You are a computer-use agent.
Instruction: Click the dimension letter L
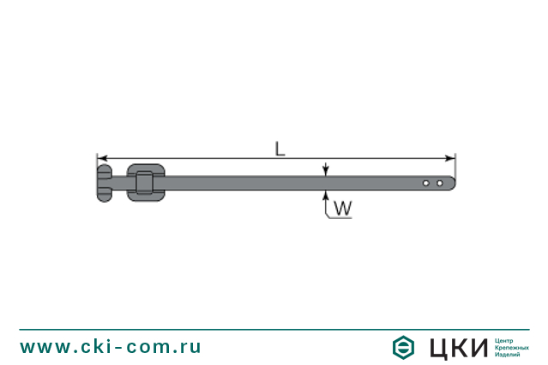280,149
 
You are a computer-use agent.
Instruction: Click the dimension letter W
343,208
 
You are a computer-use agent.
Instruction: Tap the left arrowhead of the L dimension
102,159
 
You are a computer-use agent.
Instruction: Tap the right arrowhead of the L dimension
450,159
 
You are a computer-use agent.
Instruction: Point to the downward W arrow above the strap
326,169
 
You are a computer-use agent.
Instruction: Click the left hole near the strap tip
426,183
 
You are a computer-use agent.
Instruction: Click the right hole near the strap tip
440,183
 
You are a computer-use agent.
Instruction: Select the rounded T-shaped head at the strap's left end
105,183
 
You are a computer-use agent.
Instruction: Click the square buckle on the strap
146,183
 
